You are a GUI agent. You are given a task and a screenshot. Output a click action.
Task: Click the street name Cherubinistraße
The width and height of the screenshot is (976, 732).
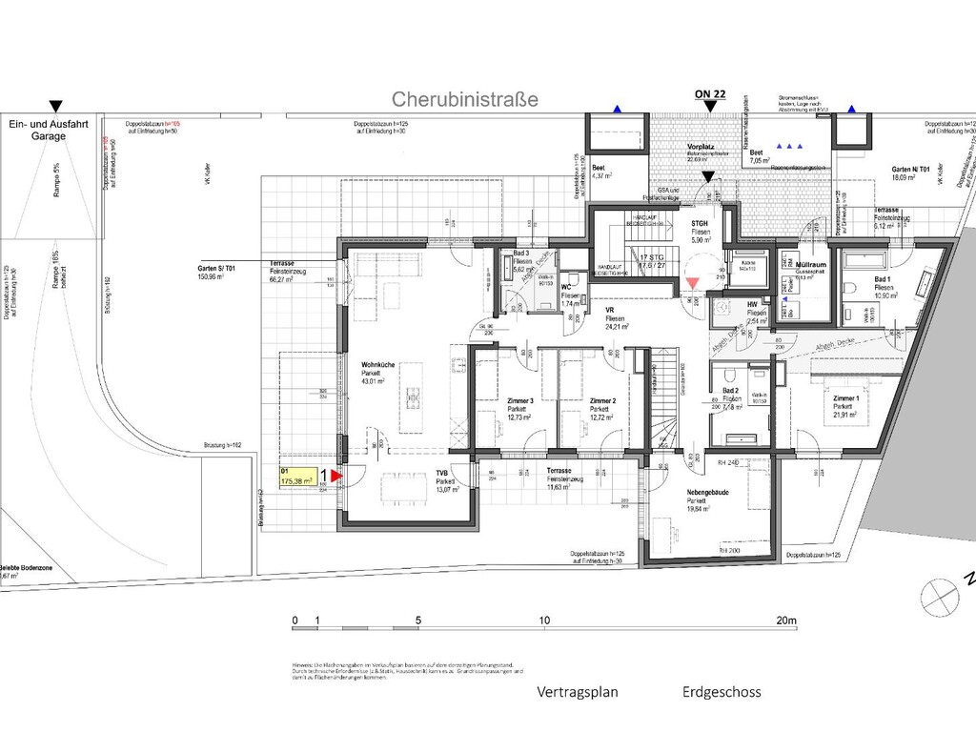click(465, 99)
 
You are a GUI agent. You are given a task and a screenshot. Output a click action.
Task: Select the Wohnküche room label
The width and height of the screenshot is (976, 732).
click(378, 364)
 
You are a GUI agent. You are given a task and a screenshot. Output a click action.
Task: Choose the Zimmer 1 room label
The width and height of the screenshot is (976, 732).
click(846, 397)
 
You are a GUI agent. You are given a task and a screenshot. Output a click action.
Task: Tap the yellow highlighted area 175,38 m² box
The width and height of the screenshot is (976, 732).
click(297, 477)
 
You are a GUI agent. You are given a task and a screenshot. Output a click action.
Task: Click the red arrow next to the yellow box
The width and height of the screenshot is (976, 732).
click(335, 473)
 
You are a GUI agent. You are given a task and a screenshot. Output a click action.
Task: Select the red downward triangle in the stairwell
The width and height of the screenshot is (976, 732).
click(692, 282)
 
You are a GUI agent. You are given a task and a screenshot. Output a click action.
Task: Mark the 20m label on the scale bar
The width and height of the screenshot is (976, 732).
click(786, 620)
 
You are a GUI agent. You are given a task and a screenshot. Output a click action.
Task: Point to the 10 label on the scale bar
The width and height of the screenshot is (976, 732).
click(544, 620)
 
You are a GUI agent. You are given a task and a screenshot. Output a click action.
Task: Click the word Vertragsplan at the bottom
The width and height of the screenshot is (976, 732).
click(578, 692)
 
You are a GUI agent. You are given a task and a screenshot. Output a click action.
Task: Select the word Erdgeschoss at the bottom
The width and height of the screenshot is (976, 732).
click(722, 692)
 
